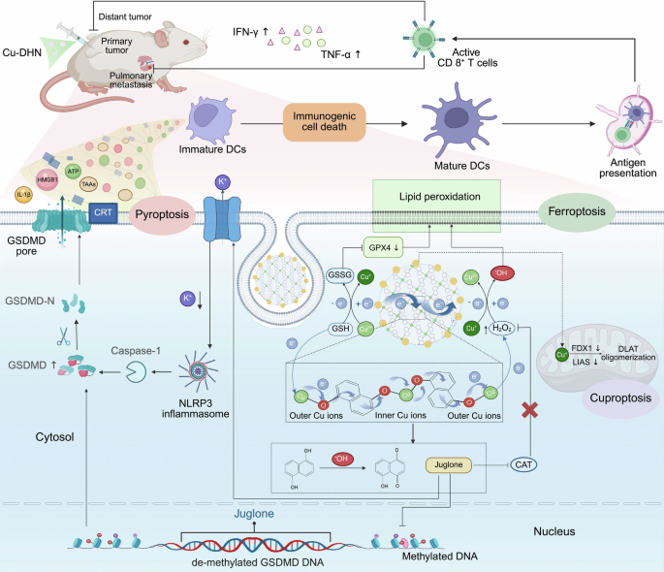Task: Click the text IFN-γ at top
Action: coord(246,31)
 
